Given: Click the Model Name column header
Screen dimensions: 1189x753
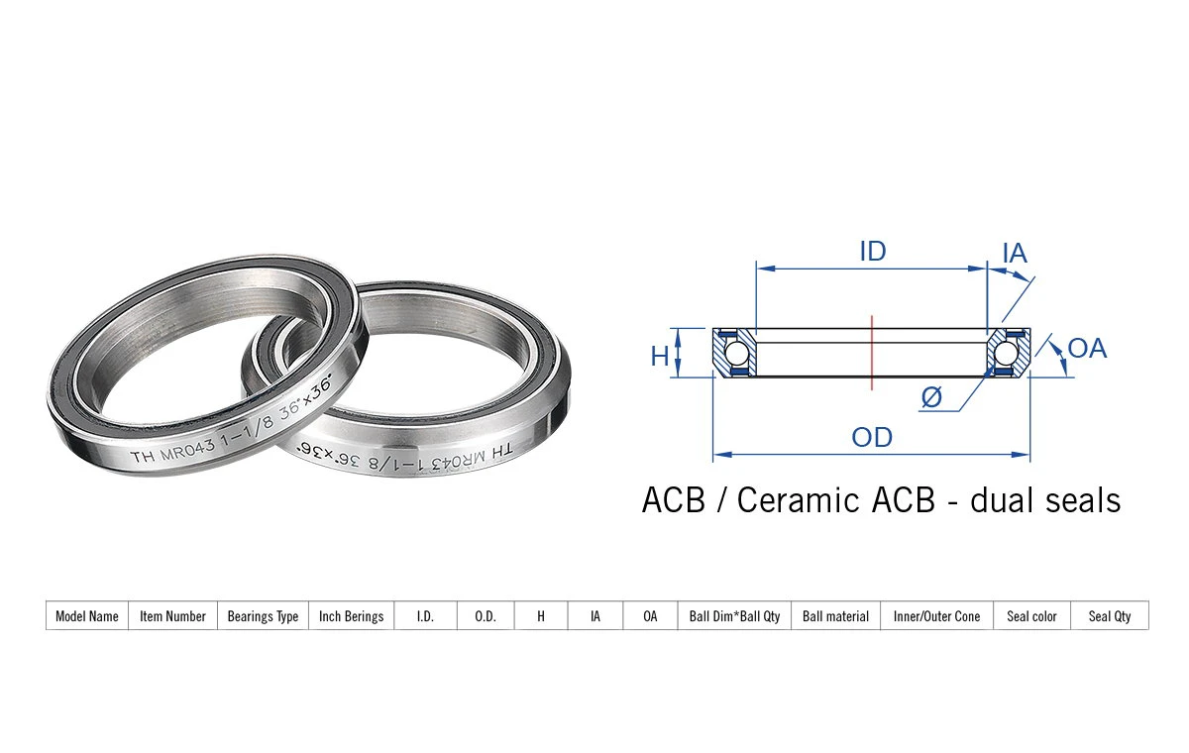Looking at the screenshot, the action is point(87,616).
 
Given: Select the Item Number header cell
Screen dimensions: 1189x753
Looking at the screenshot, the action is point(172,616).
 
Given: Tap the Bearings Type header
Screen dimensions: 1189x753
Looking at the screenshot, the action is point(263,616).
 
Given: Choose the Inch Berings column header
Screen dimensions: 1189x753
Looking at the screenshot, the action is point(351,616).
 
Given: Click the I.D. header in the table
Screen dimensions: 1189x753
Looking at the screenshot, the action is point(425,616).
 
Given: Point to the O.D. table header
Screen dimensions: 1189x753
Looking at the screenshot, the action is point(486,616).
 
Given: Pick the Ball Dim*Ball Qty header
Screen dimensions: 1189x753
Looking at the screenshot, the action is point(734,616).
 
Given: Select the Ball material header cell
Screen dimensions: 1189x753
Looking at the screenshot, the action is point(835,616).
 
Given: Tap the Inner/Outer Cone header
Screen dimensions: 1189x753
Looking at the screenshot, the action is point(936,616).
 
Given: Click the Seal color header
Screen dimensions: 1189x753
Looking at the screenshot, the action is point(1031,616).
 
